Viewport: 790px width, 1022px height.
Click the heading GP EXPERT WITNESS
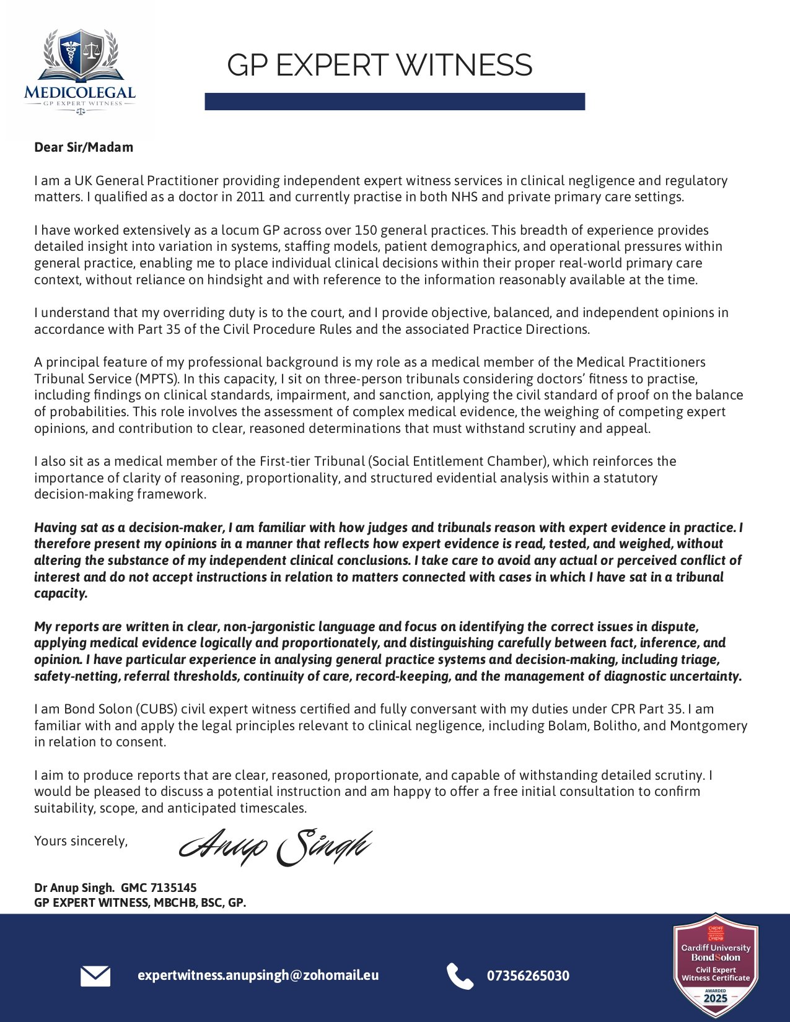click(379, 65)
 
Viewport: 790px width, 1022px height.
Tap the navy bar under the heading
click(395, 102)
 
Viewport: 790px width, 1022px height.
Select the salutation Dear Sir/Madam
click(84, 147)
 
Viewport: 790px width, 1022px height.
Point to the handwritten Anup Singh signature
click(276, 847)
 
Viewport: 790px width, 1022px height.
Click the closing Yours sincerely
click(81, 841)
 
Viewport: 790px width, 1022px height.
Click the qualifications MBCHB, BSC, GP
click(198, 903)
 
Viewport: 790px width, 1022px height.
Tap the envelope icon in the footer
click(95, 976)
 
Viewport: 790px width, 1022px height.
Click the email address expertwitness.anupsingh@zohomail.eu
click(258, 975)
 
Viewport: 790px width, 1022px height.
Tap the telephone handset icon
click(459, 976)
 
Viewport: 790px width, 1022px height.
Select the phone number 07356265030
click(528, 976)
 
